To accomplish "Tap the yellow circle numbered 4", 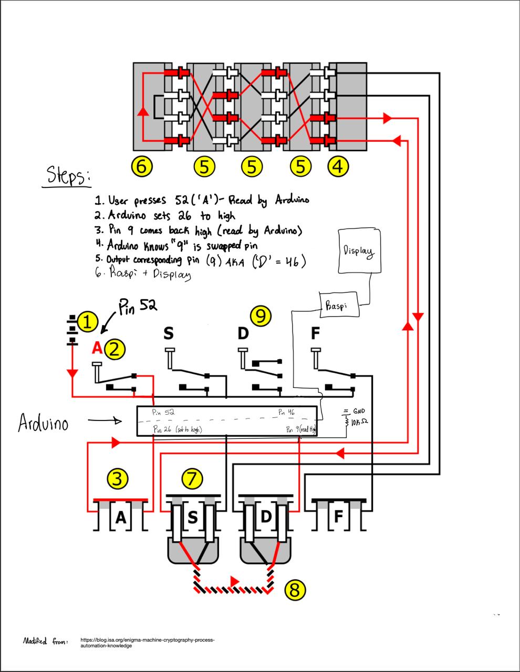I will (338, 166).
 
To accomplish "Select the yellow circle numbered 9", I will (261, 316).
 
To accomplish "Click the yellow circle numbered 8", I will (295, 590).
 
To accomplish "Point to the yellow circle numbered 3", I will (117, 478).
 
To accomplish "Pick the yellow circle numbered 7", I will (192, 478).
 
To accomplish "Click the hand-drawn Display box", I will (360, 250).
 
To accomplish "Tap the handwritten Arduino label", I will (43, 423).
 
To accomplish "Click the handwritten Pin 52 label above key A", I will (137, 305).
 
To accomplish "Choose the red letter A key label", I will (97, 348).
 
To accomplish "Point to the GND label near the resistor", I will (359, 412).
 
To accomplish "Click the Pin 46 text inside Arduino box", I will (287, 413).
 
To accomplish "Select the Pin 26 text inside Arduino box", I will (177, 429).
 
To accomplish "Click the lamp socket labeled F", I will (339, 517).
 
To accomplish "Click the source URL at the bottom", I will (148, 643).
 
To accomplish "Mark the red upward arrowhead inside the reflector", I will (141, 111).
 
